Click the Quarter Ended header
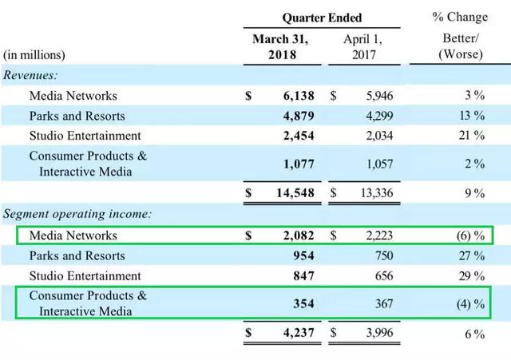point(322,18)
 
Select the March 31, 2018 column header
point(280,46)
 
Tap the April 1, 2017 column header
point(363,46)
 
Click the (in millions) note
point(34,55)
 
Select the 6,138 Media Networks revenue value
point(298,96)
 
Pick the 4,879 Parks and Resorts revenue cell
point(298,116)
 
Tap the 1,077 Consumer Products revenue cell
point(298,164)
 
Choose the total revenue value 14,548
point(295,193)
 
